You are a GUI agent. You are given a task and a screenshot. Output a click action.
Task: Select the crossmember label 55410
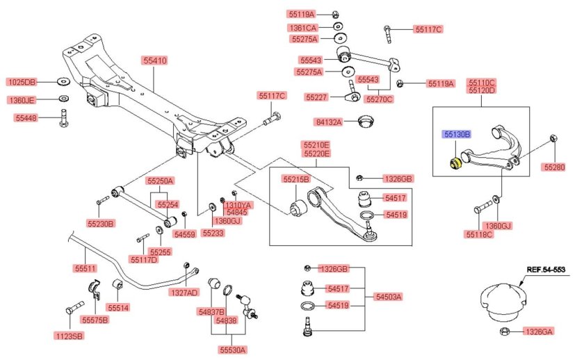(x=156, y=61)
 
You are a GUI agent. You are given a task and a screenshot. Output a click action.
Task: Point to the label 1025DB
(x=23, y=82)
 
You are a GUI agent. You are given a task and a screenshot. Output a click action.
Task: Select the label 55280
(x=555, y=167)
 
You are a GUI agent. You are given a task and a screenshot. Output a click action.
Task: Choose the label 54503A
(x=389, y=297)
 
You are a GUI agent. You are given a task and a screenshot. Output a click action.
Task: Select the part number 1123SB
(x=69, y=336)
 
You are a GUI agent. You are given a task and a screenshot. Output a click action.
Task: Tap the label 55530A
(x=233, y=350)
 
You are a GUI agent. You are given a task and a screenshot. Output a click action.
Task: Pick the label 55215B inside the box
(x=295, y=179)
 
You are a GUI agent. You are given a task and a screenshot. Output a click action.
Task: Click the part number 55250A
(x=160, y=181)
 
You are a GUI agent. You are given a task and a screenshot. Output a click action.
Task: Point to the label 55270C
(x=379, y=99)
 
